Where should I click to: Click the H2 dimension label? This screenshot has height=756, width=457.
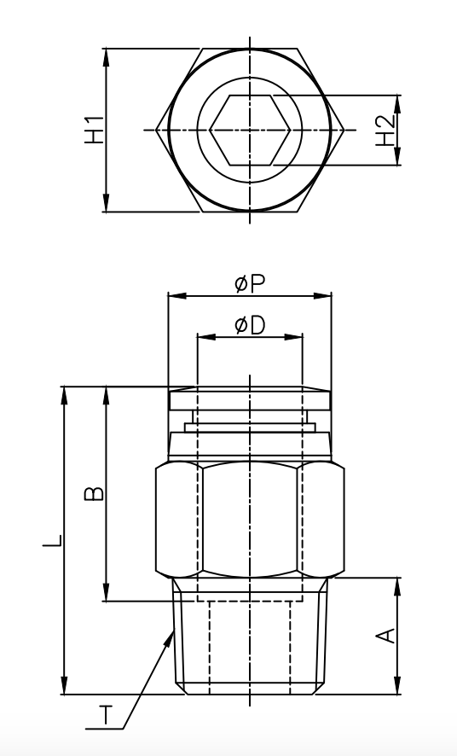[x=385, y=131]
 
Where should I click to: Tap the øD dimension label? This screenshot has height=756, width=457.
[x=249, y=325]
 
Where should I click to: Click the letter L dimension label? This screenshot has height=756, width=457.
[x=53, y=541]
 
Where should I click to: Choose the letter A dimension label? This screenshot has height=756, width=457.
[x=385, y=637]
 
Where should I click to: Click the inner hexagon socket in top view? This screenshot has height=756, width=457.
[x=250, y=130]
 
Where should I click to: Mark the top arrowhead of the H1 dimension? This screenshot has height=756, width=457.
[x=107, y=54]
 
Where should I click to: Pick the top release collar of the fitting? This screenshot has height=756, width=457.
[x=249, y=398]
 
